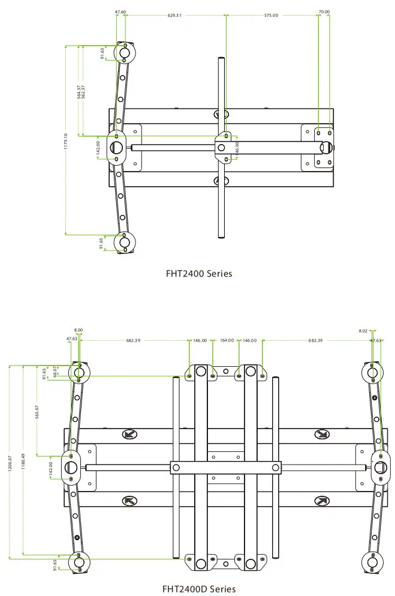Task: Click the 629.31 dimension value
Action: click(x=175, y=16)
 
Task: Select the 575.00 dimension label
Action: click(x=271, y=16)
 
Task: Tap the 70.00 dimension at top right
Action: click(x=324, y=11)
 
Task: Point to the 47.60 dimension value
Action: click(x=120, y=11)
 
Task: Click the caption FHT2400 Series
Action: click(x=199, y=274)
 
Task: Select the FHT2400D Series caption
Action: click(x=199, y=589)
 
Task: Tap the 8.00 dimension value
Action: click(x=79, y=330)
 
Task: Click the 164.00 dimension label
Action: click(x=227, y=340)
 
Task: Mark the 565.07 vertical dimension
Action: click(x=37, y=414)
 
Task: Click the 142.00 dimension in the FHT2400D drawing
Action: click(x=51, y=467)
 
